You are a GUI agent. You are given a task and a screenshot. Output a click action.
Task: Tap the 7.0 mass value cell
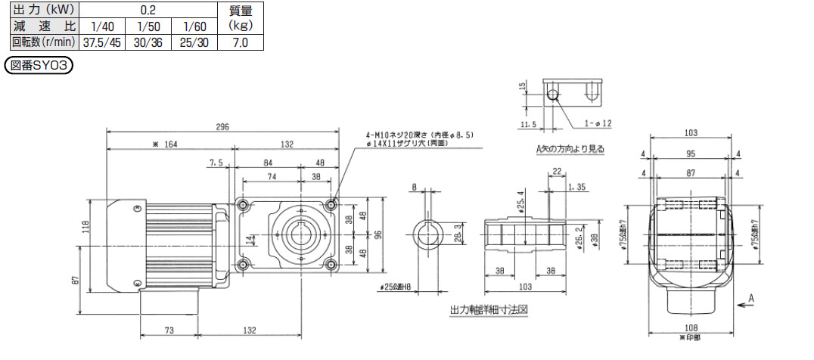click(x=241, y=42)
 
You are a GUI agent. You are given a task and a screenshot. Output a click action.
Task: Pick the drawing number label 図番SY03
click(x=39, y=66)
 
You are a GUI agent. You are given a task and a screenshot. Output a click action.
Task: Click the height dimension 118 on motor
click(x=85, y=226)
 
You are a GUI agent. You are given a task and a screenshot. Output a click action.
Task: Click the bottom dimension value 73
click(x=169, y=331)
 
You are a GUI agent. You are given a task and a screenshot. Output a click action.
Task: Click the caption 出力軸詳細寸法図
click(x=488, y=310)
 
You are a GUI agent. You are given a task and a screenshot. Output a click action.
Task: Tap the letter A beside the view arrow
click(x=752, y=298)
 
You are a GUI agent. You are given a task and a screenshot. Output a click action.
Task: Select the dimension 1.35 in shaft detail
click(x=581, y=186)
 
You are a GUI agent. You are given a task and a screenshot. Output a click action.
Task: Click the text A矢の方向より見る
click(x=572, y=149)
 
